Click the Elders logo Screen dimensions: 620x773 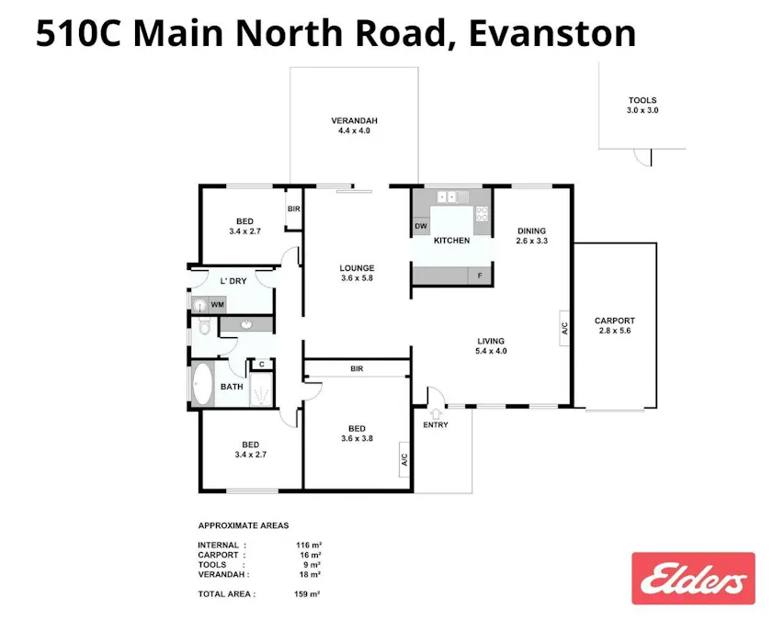pos(693,578)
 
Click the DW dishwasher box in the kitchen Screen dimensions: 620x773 pos(421,226)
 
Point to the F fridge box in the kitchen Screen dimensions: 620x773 pos(479,275)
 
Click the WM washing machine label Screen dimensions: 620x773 pos(217,304)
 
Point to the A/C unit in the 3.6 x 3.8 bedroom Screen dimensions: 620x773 pos(404,460)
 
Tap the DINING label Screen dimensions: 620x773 pos(532,231)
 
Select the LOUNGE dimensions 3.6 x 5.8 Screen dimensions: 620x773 pos(357,277)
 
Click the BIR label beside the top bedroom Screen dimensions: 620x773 pos(294,209)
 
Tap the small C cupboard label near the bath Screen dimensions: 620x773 pos(261,365)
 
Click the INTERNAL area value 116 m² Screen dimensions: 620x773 pos(310,545)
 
